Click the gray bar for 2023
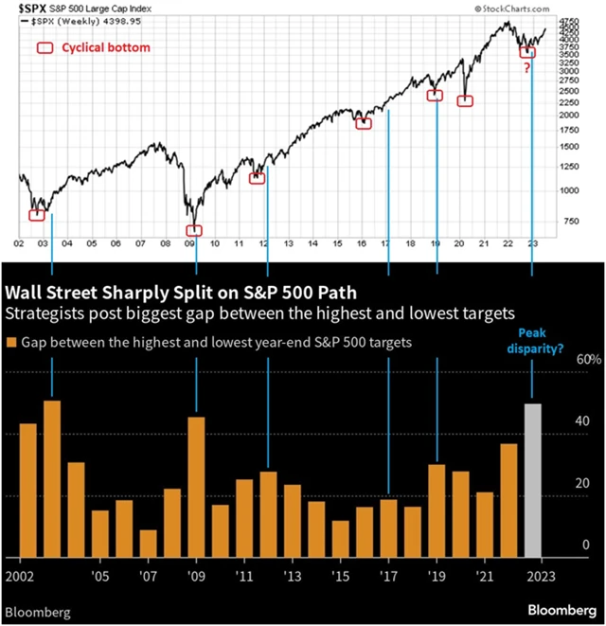[x=533, y=481]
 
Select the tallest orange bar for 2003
[x=52, y=479]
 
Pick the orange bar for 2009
[x=197, y=487]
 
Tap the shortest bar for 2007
[x=149, y=544]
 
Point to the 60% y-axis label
[x=589, y=360]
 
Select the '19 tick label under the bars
[x=437, y=575]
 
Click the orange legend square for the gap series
[x=11, y=343]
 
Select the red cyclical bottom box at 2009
[x=194, y=230]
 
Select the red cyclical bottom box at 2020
[x=465, y=100]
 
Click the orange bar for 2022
[x=508, y=501]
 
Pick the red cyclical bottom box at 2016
[x=363, y=123]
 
